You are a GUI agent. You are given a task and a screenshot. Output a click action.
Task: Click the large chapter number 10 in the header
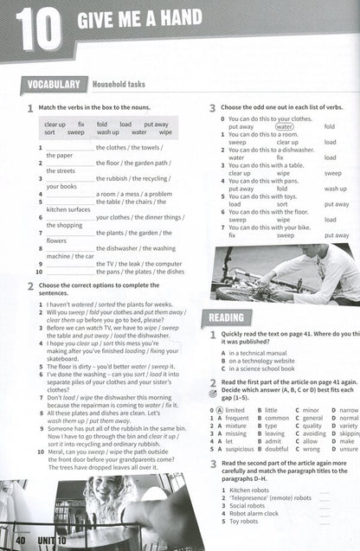pyautogui.click(x=37, y=31)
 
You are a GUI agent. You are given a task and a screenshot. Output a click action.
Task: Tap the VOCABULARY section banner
pyautogui.click(x=53, y=84)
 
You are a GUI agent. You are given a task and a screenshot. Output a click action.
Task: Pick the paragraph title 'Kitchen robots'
pyautogui.click(x=253, y=489)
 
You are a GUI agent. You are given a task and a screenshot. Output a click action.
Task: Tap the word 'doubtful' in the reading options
pyautogui.click(x=277, y=449)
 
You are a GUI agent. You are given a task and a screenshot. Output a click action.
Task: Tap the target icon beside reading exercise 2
pyautogui.click(x=213, y=390)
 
